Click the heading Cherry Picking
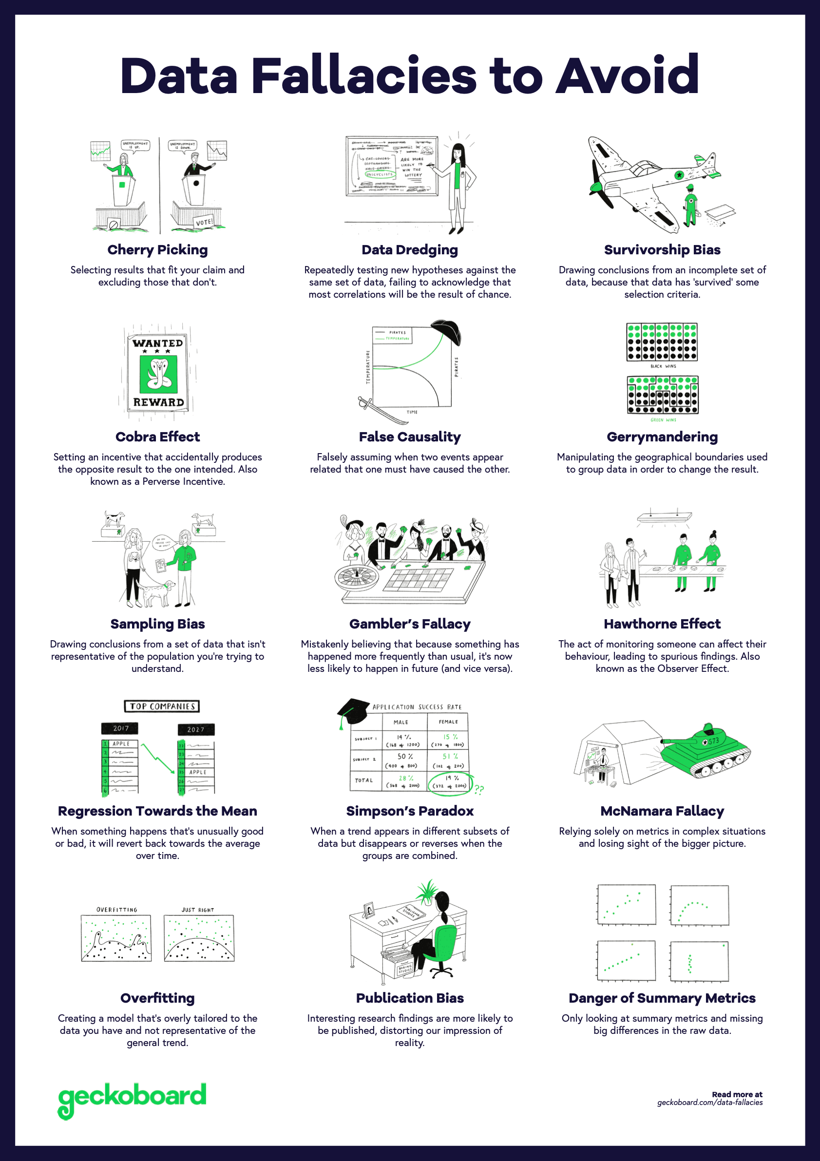coord(157,250)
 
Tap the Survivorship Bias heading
coord(662,250)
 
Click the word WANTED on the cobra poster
coord(157,343)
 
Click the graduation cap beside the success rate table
coord(352,710)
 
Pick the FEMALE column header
coord(448,722)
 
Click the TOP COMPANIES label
coord(162,706)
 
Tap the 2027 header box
coord(196,729)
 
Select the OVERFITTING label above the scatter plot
coord(117,910)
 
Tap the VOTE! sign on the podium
coord(204,222)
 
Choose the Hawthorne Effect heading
coord(662,624)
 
